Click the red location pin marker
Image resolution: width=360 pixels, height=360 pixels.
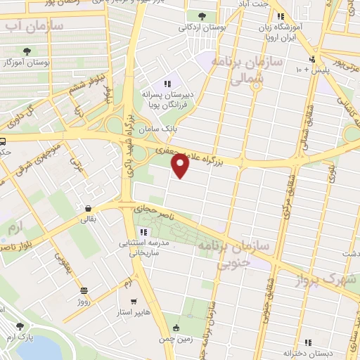click(181, 166)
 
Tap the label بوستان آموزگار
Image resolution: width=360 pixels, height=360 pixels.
click(29, 63)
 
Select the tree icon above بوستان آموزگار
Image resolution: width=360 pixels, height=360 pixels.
click(27, 51)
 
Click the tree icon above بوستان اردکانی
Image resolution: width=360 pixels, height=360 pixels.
click(202, 15)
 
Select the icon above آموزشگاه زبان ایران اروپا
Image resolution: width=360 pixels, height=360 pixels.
click(281, 16)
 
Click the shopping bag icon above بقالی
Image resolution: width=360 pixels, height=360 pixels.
click(89, 208)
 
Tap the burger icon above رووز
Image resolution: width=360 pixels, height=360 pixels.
click(84, 290)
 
